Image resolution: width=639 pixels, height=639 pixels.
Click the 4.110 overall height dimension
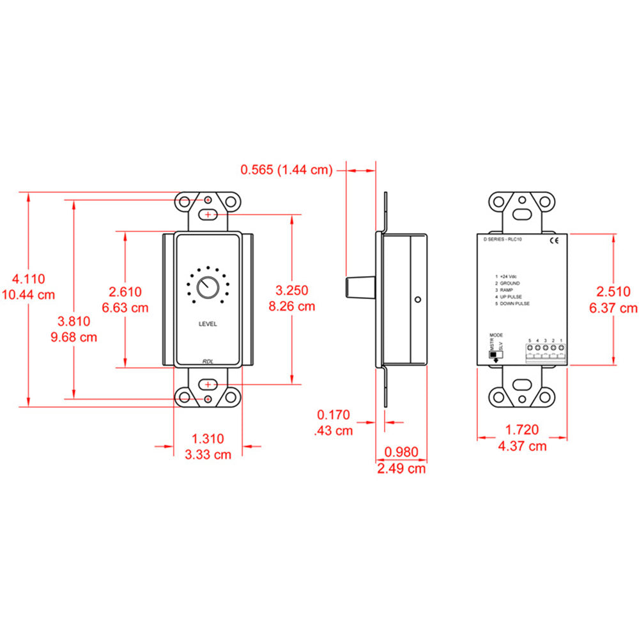click(x=29, y=279)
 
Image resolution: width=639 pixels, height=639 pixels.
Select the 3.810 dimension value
click(x=74, y=321)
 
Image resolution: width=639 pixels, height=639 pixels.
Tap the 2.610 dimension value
click(x=125, y=292)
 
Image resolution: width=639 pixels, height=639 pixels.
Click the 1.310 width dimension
click(x=208, y=438)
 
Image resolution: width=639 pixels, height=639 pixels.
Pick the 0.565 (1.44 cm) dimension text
click(x=286, y=169)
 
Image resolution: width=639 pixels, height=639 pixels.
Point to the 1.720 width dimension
click(x=522, y=430)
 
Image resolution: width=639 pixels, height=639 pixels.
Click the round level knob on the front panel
click(x=208, y=287)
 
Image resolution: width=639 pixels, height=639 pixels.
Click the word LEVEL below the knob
click(x=208, y=324)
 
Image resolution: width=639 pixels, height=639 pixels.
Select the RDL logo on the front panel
click(x=208, y=361)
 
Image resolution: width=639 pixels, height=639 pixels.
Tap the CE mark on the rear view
click(x=554, y=241)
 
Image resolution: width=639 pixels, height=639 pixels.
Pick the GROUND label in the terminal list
click(x=509, y=282)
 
